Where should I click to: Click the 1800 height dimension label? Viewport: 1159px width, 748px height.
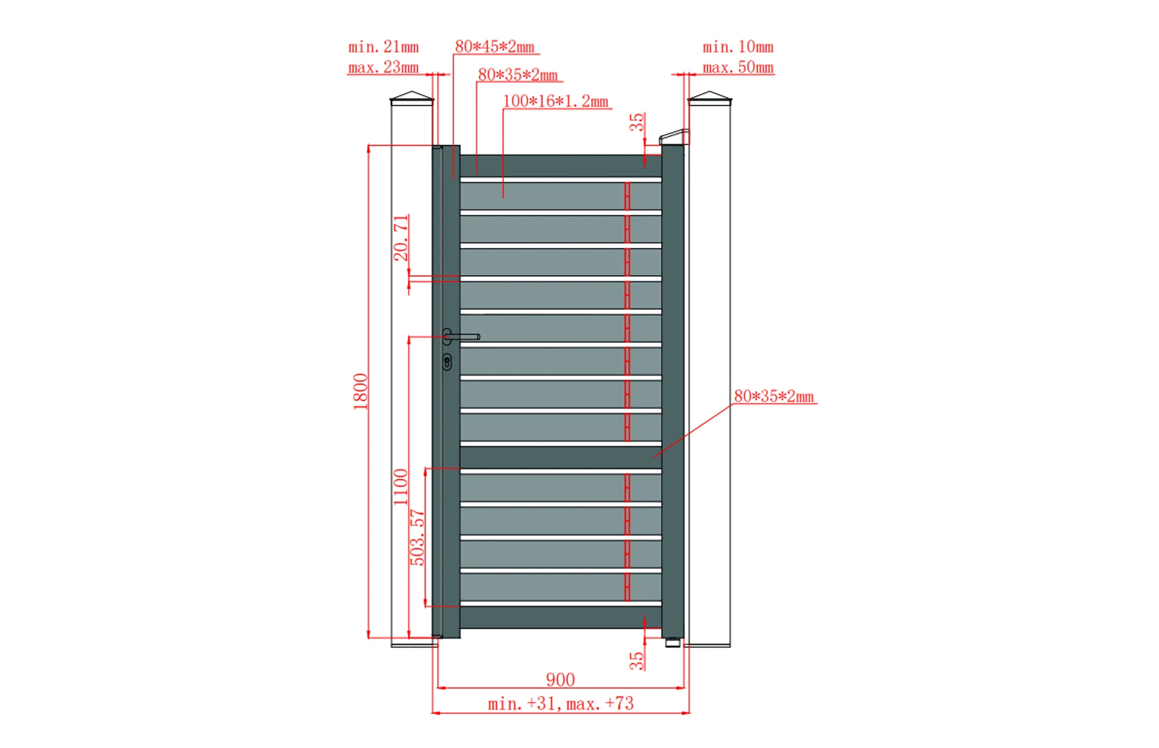[x=360, y=391]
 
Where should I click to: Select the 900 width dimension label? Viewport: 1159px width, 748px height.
[x=560, y=679]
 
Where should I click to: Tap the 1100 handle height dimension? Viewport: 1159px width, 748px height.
[x=400, y=486]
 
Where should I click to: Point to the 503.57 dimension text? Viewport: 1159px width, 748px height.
[x=417, y=537]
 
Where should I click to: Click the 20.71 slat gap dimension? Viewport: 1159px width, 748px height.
[x=400, y=238]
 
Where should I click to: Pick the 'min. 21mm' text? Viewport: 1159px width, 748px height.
[x=383, y=47]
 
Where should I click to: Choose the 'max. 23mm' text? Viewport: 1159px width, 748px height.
[x=383, y=68]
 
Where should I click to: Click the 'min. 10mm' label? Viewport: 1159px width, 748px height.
[x=738, y=47]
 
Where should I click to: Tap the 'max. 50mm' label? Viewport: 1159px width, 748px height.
[x=738, y=68]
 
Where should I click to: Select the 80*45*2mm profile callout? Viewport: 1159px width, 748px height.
[x=495, y=46]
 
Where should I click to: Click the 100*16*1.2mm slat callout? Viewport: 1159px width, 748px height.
[x=555, y=101]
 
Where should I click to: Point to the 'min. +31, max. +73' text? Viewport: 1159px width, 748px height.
[x=560, y=704]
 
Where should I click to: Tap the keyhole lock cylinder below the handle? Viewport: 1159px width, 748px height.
[x=447, y=362]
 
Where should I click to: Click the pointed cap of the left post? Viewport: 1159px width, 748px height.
[x=412, y=97]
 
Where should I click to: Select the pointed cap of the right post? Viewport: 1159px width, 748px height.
[x=710, y=97]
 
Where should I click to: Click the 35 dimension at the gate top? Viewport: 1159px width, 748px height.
[x=636, y=122]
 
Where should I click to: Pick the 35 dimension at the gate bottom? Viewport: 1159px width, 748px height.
[x=636, y=660]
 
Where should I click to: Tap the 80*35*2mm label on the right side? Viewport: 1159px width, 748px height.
[x=774, y=396]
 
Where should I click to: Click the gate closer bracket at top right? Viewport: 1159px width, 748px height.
[x=674, y=137]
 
